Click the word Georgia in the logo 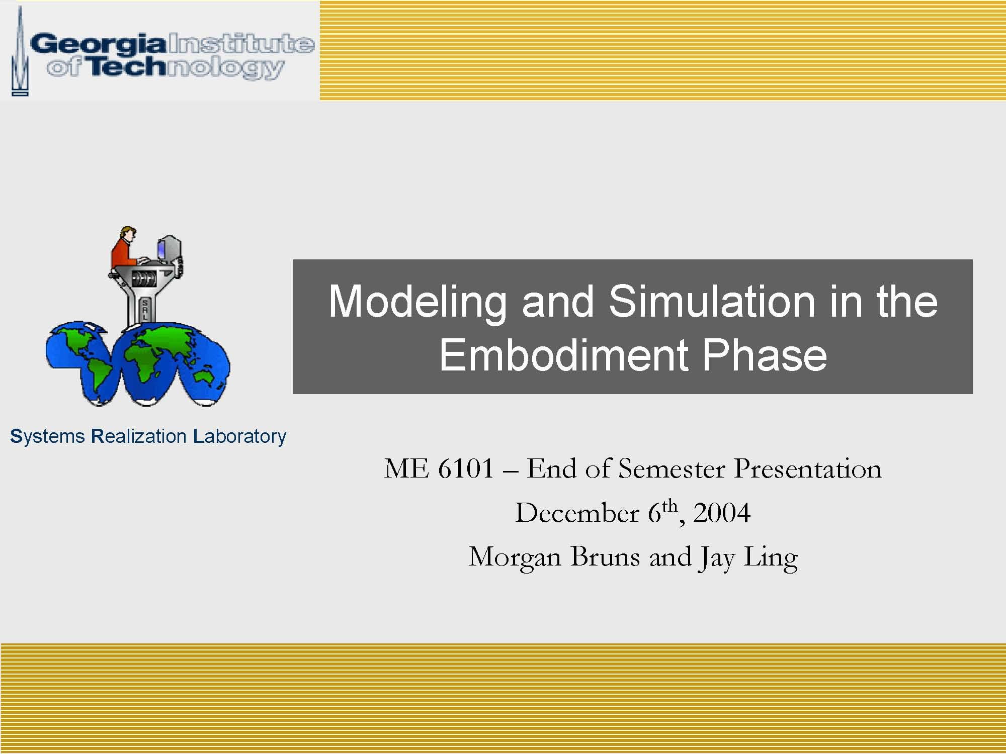point(99,44)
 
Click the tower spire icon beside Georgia point(20,50)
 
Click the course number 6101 point(466,468)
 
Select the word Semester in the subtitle point(672,468)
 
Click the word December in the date point(577,513)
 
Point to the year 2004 point(722,513)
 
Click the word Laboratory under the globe point(239,437)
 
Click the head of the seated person point(127,234)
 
